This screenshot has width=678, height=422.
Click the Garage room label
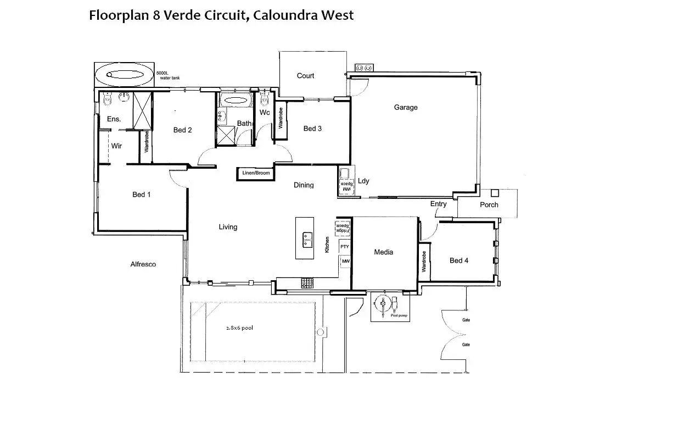(406, 108)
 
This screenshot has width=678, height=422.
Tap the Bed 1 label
(142, 195)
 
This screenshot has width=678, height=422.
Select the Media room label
(384, 252)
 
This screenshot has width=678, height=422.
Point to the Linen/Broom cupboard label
(256, 173)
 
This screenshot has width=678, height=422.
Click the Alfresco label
(143, 264)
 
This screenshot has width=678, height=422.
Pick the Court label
(305, 76)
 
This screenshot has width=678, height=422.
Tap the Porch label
(489, 205)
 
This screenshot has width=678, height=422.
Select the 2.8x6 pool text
(239, 328)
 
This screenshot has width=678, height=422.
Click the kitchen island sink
(307, 238)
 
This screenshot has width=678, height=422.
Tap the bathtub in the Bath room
(236, 101)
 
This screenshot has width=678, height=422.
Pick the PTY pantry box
(345, 247)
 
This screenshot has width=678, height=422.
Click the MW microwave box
(345, 262)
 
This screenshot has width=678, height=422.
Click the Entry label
(439, 204)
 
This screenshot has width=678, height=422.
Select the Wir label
(116, 146)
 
